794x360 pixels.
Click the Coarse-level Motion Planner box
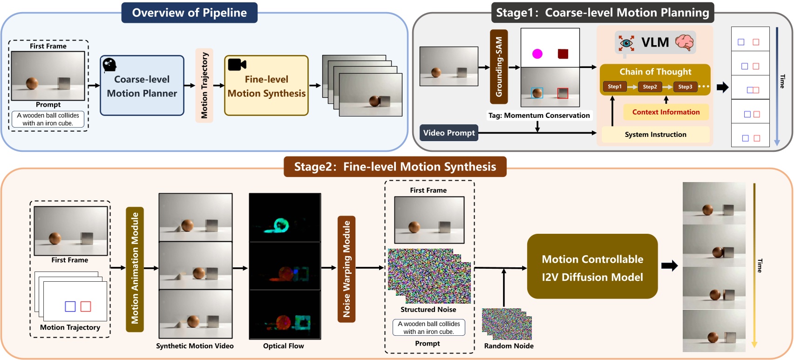142,86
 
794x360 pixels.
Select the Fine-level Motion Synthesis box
266,86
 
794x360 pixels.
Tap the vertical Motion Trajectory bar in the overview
204,85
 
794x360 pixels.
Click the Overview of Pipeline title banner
189,13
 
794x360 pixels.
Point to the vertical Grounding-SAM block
499,67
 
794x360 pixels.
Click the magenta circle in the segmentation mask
537,54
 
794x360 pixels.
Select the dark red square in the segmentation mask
563,54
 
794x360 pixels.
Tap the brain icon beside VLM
684,42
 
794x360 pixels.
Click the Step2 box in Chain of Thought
650,87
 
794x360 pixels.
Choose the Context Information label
665,112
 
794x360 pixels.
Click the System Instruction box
655,135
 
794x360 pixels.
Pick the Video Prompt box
449,133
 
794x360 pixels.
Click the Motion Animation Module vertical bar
135,269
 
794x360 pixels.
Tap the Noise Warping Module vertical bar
346,269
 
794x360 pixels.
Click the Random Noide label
509,346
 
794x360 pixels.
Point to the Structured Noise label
428,309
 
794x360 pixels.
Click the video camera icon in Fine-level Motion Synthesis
237,64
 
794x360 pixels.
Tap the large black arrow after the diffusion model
669,266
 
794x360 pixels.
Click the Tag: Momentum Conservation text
539,115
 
